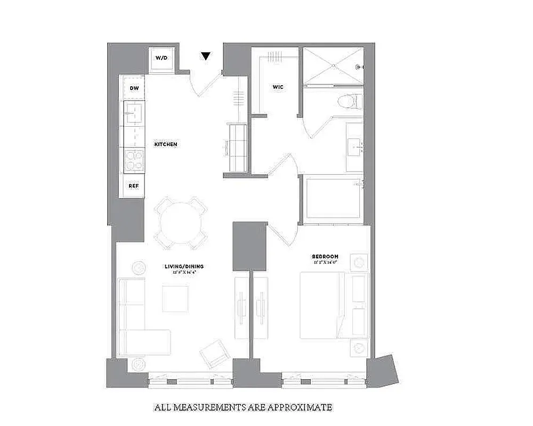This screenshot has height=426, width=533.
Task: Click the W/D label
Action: [161, 58]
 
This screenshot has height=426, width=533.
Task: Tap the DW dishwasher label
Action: [134, 88]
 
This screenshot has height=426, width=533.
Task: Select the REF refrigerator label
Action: [134, 186]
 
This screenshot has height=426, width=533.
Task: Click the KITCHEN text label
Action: [166, 145]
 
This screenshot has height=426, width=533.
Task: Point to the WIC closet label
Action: [277, 86]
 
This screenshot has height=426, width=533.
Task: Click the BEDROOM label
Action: [325, 257]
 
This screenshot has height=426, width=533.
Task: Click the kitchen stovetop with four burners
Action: [134, 160]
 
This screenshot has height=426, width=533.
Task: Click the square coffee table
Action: [175, 299]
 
